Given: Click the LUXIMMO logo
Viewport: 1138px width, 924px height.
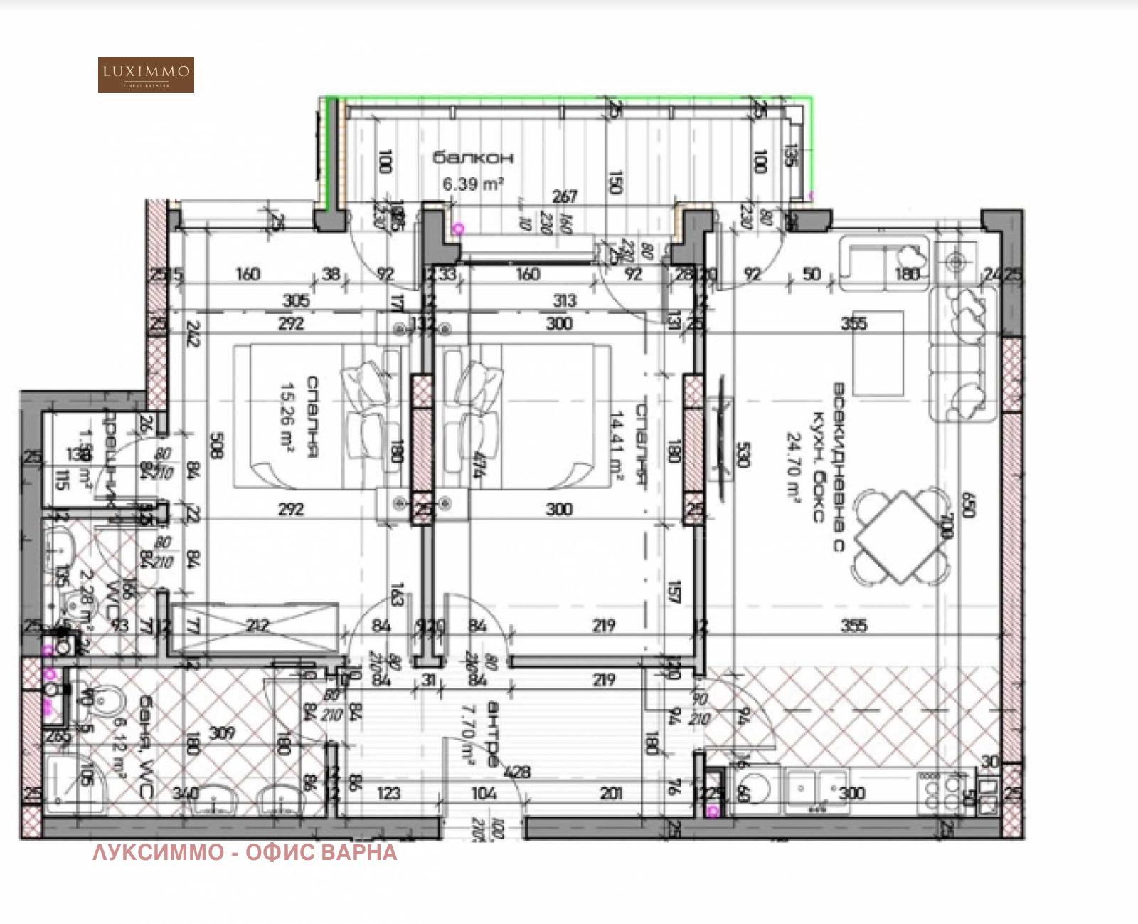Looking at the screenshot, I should pyautogui.click(x=146, y=75).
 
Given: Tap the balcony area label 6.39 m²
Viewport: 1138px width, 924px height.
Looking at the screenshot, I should pyautogui.click(x=473, y=184).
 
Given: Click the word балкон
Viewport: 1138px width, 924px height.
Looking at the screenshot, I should pyautogui.click(x=473, y=157).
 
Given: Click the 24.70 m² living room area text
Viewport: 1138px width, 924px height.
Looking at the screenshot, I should pyautogui.click(x=794, y=466).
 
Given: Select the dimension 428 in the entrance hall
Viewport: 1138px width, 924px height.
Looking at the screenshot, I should pyautogui.click(x=517, y=772).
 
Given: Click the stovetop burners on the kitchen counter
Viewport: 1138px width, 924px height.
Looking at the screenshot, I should pyautogui.click(x=941, y=792).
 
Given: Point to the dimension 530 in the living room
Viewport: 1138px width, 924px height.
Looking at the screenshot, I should pyautogui.click(x=742, y=455).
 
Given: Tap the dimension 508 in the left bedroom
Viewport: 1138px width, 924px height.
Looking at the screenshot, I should pyautogui.click(x=218, y=446).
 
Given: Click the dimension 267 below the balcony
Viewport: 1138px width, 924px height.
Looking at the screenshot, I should pyautogui.click(x=565, y=196).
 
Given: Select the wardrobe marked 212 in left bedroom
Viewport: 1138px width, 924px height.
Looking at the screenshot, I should pyautogui.click(x=257, y=626).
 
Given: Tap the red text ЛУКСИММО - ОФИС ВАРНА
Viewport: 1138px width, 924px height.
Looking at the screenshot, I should pyautogui.click(x=245, y=852).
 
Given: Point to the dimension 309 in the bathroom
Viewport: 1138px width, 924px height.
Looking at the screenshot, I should pyautogui.click(x=222, y=733).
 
